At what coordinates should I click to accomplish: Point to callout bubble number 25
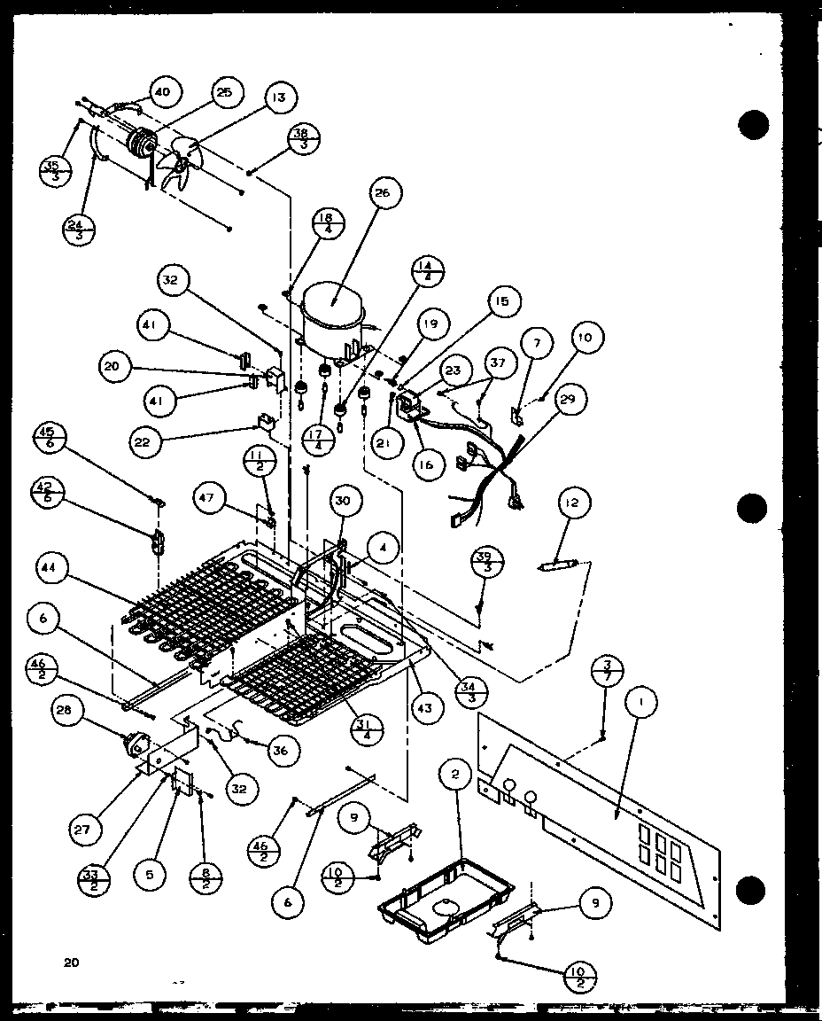click(x=223, y=92)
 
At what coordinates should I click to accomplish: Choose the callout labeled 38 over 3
click(x=302, y=139)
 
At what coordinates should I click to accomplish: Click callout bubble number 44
click(x=53, y=565)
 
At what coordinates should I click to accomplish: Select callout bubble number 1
click(x=640, y=705)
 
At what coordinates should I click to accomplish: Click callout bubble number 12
click(x=570, y=504)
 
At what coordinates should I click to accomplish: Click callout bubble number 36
click(x=280, y=750)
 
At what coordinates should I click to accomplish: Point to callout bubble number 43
click(x=426, y=708)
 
